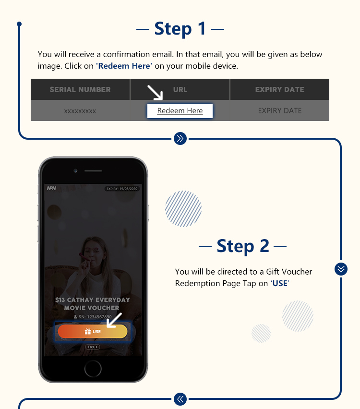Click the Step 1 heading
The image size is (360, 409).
(180, 29)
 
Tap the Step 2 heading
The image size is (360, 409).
(242, 246)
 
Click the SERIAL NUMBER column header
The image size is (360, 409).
(80, 89)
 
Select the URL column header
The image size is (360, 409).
(180, 89)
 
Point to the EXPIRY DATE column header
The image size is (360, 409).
(279, 89)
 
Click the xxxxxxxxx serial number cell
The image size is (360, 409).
(80, 111)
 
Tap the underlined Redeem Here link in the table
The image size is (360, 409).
(180, 111)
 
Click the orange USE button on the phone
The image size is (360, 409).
(93, 332)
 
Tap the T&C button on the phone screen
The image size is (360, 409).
(93, 347)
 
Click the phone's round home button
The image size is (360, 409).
(93, 369)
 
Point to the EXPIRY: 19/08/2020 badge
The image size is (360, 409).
(122, 189)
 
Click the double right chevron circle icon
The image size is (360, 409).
(180, 139)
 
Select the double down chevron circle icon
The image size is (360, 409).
(341, 269)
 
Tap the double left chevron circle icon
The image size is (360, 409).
(180, 398)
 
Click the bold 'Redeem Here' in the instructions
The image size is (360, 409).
(124, 66)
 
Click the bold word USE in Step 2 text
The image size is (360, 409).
(279, 283)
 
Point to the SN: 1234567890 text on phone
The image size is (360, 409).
(93, 317)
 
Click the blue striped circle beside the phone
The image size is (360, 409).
(183, 209)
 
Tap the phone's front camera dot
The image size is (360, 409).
(76, 170)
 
